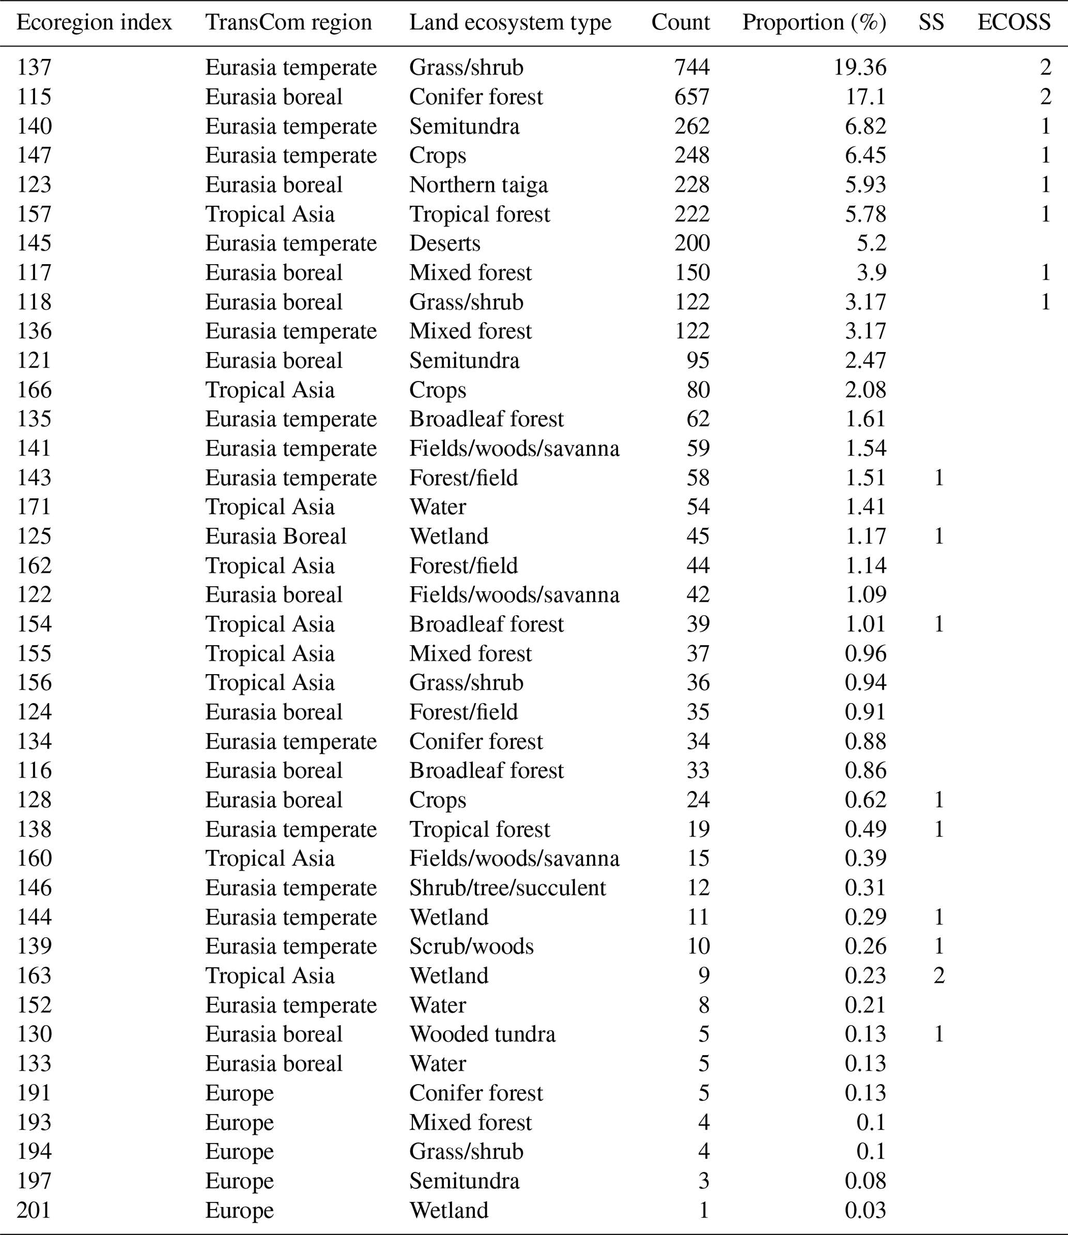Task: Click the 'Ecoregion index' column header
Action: [x=94, y=23]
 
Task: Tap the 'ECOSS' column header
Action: [x=1014, y=23]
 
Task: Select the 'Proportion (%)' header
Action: [x=814, y=23]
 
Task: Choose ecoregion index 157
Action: [x=34, y=214]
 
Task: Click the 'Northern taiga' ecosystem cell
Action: [x=478, y=185]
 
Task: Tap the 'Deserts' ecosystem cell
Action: [x=444, y=243]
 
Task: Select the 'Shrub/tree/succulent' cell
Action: [x=507, y=888]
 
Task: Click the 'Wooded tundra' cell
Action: [x=482, y=1034]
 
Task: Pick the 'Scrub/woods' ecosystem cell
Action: [x=471, y=947]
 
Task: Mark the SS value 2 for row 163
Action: [x=939, y=975]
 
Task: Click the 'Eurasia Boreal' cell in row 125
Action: [x=275, y=536]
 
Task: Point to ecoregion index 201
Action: [x=34, y=1210]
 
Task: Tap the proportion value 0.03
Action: [x=865, y=1210]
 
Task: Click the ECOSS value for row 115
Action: [x=1045, y=97]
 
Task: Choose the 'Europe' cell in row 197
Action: [x=240, y=1181]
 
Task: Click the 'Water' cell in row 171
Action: [x=438, y=507]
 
